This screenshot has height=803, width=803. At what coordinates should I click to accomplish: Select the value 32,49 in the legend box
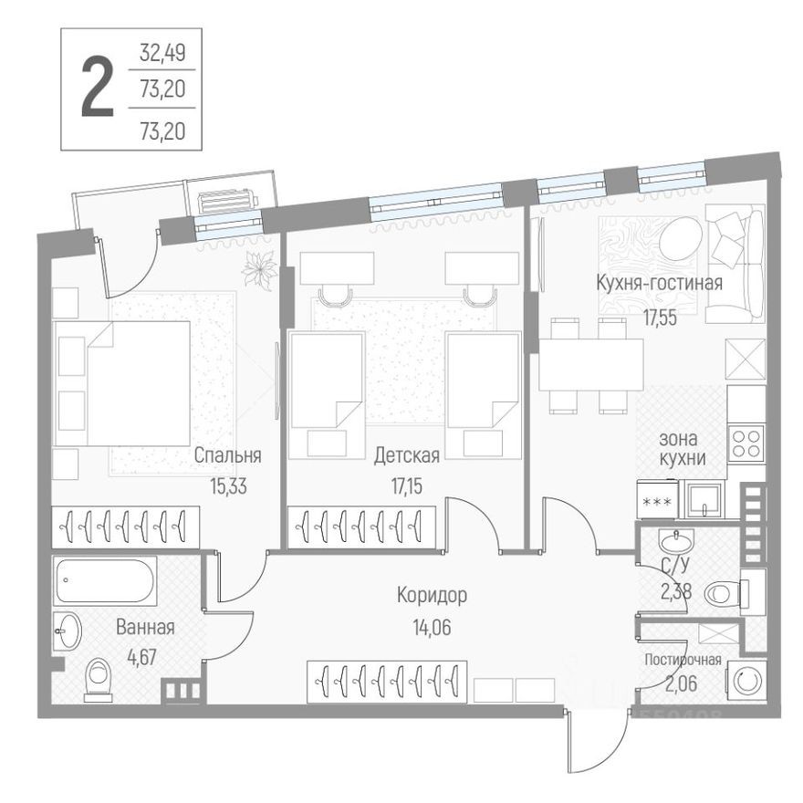[x=162, y=53]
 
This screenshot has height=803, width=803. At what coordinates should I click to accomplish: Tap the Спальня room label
[x=228, y=455]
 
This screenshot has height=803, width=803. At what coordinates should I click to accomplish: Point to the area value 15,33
[x=228, y=486]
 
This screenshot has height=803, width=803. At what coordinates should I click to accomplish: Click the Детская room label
[x=407, y=455]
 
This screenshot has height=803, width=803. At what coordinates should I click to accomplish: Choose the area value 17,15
[x=407, y=486]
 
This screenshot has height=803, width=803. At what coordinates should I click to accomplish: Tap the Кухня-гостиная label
[x=660, y=283]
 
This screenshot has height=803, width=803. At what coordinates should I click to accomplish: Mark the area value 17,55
[x=660, y=318]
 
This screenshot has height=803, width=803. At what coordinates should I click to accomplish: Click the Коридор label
[x=432, y=596]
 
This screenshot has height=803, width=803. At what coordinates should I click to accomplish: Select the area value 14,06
[x=433, y=628]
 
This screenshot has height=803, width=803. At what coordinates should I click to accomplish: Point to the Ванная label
[x=145, y=628]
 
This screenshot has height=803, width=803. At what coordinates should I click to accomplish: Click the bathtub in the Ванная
[x=105, y=581]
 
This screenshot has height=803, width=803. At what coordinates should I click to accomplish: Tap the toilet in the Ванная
[x=99, y=680]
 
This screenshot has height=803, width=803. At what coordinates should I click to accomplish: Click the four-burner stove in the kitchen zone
[x=746, y=443]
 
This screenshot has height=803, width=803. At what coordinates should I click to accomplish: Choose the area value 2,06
[x=682, y=683]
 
